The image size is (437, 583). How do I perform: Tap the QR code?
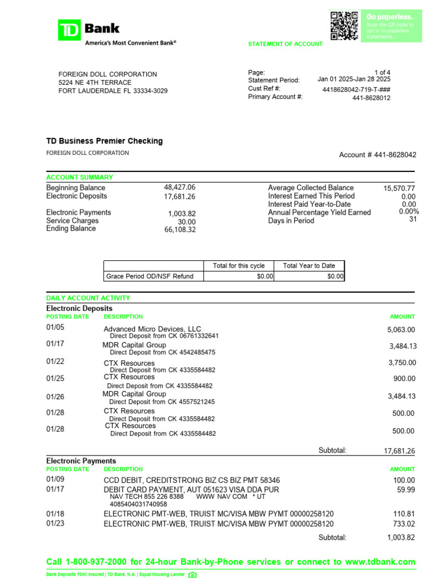(x=344, y=25)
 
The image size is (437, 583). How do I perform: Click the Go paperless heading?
(x=389, y=17)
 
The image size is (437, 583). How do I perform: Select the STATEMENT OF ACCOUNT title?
(x=285, y=44)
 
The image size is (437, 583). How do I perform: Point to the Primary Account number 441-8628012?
(x=371, y=98)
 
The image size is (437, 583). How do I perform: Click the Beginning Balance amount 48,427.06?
(x=179, y=187)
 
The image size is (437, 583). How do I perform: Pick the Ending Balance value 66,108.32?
(x=179, y=229)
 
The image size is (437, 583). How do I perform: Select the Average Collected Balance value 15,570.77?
(x=399, y=188)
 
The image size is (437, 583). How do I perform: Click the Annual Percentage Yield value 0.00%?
(x=409, y=212)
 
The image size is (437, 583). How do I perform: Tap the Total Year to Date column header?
(x=309, y=266)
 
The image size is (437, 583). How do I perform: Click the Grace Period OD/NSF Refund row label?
(x=150, y=276)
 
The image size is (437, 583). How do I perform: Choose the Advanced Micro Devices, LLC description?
(x=152, y=329)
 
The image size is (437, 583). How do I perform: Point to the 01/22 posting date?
(x=55, y=361)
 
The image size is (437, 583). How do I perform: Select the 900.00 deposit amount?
(x=404, y=379)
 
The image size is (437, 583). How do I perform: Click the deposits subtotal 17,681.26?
(x=399, y=451)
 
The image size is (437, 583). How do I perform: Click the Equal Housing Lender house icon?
(x=192, y=574)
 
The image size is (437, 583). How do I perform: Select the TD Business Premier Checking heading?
(x=104, y=141)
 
